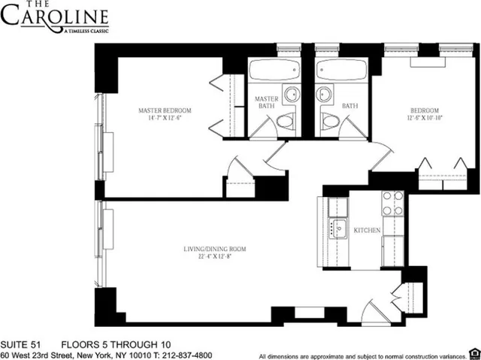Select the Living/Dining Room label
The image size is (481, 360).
click(216, 249)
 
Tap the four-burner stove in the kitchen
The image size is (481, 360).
click(393, 202)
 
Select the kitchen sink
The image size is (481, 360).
click(337, 228)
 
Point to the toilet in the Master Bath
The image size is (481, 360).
click(286, 122)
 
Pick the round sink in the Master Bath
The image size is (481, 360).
click(291, 95)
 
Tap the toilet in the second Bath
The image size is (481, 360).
click(328, 122)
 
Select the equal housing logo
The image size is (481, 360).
click(472, 352)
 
